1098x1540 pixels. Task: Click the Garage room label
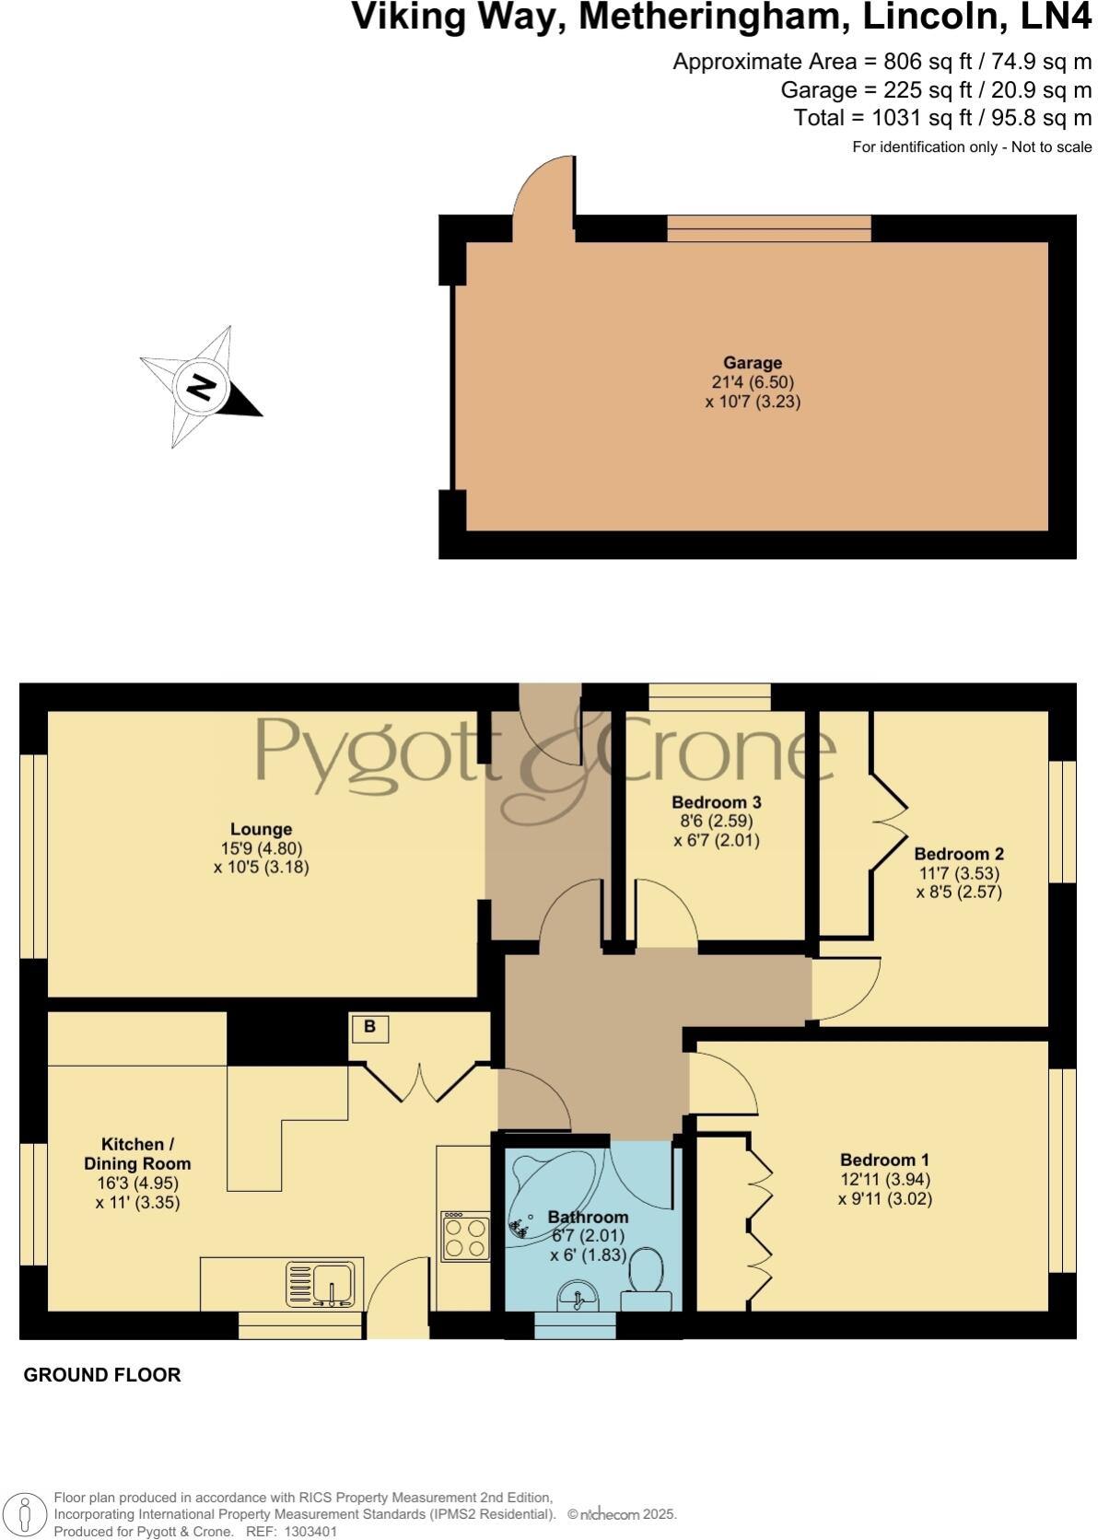coord(752,363)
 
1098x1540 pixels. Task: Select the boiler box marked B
coord(369,1027)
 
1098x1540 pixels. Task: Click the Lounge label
coord(261,829)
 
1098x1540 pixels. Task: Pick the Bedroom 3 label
coord(716,801)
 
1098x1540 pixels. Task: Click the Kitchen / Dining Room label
coord(137,1153)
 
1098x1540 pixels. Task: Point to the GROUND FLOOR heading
coord(101,1375)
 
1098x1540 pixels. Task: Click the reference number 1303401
coord(311,1532)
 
